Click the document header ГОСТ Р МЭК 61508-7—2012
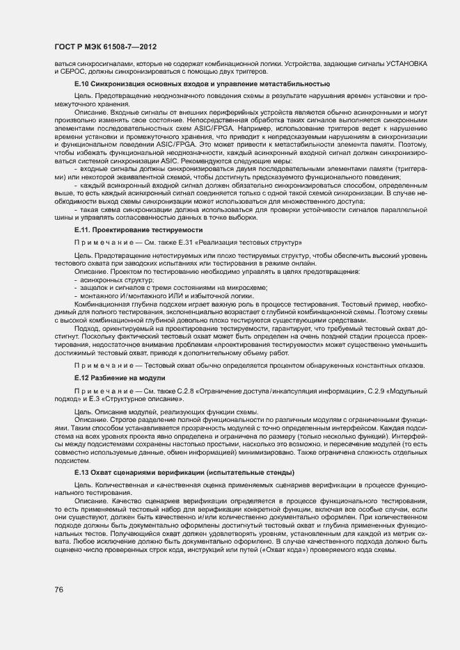(104, 47)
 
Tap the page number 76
(59, 590)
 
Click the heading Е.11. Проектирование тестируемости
(138, 229)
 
